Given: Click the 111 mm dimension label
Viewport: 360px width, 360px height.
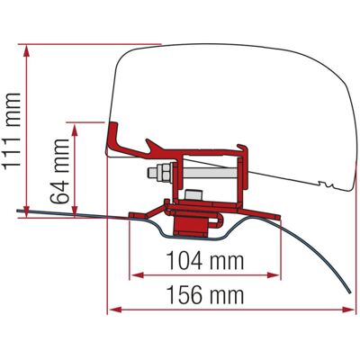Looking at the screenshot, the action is point(12,131).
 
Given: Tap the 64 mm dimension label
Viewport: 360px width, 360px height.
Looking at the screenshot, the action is point(59,172).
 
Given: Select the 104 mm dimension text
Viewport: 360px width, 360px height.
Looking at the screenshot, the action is point(205,260).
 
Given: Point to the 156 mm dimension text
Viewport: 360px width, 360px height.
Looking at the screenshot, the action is point(205,294).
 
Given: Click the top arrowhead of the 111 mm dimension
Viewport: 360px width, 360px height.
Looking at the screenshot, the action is point(27,50).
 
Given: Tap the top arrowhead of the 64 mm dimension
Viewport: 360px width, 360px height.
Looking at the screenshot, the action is point(75,129).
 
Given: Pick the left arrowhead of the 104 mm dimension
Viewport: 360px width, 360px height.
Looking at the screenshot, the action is point(138,275).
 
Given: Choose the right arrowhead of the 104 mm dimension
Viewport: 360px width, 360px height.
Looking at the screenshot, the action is point(274,275).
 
